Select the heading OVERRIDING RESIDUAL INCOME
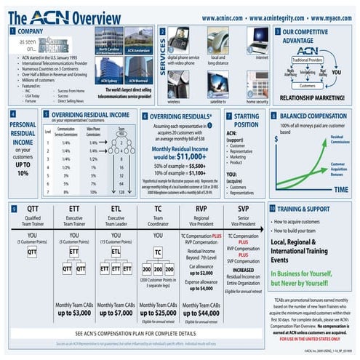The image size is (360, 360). click(x=90, y=114)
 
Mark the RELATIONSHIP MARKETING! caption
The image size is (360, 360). click(x=314, y=96)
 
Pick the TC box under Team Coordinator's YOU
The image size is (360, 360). click(x=159, y=252)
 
